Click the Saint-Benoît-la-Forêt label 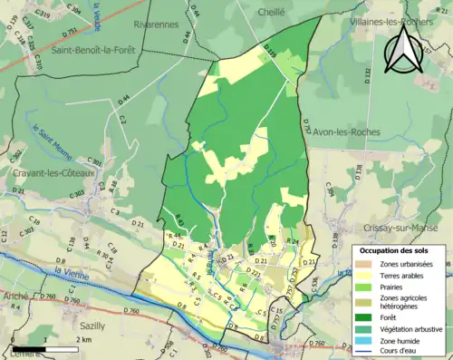[93, 51]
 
